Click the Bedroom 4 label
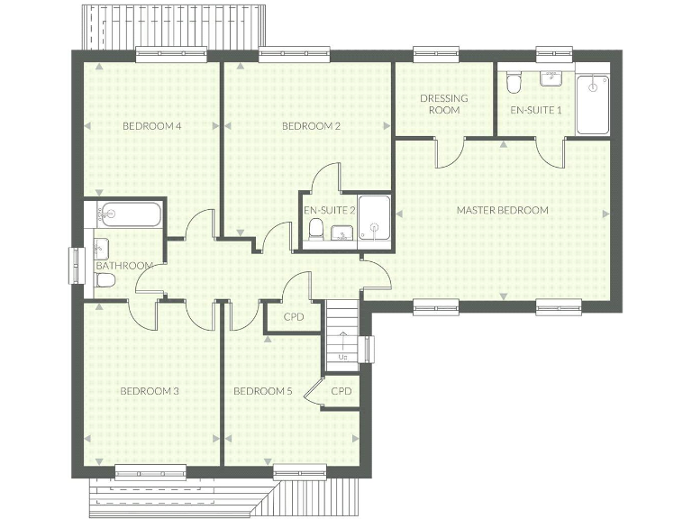tap(152, 126)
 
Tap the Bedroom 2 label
tap(311, 126)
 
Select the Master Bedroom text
tap(502, 210)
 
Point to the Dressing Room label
tap(444, 104)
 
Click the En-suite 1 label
tap(535, 110)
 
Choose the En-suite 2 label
tap(329, 210)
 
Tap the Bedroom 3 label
tap(150, 391)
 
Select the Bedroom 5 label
tap(263, 391)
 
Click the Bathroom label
tap(123, 266)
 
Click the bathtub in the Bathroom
tap(129, 214)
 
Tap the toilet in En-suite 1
tap(513, 84)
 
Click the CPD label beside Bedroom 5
tap(341, 391)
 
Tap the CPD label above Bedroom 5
tap(293, 317)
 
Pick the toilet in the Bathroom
tap(105, 280)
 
